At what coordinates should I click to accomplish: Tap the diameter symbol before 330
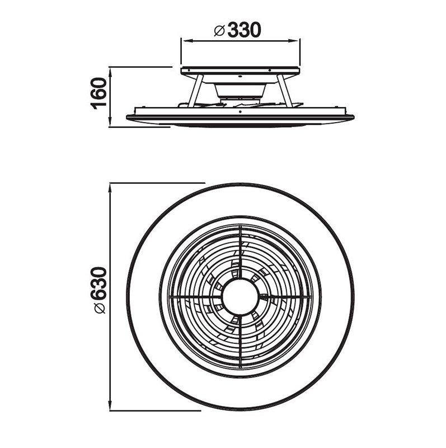[219, 31]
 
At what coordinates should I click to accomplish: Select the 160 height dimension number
[99, 94]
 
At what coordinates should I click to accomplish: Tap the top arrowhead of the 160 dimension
[110, 71]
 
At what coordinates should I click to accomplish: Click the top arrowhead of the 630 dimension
[110, 186]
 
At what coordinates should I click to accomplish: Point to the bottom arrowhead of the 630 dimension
[110, 407]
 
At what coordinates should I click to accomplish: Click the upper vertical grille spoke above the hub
[240, 252]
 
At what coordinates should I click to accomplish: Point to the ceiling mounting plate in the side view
[240, 72]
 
